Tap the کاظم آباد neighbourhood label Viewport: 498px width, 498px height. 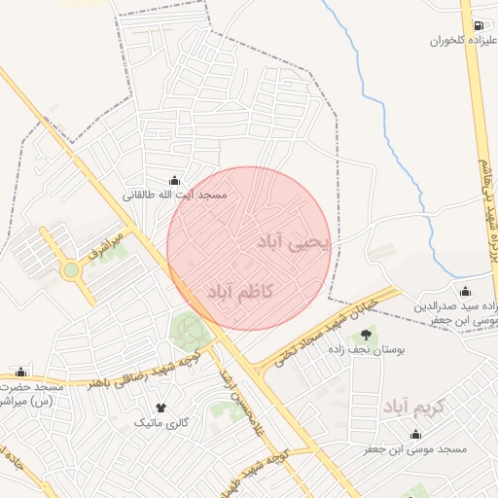[x=241, y=292]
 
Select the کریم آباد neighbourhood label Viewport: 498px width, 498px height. [x=412, y=406]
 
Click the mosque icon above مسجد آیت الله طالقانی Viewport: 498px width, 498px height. [x=174, y=180]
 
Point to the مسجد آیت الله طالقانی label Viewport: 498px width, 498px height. [x=174, y=196]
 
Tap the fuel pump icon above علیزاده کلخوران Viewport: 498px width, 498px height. [x=478, y=25]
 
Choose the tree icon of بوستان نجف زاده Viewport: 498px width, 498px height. [x=366, y=333]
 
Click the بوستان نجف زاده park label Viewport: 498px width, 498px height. [x=366, y=347]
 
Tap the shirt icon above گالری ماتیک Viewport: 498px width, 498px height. [x=160, y=409]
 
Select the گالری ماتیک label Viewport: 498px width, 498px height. [x=160, y=424]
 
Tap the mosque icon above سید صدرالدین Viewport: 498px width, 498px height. [x=465, y=291]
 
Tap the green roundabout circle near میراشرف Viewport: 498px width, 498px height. [x=71, y=270]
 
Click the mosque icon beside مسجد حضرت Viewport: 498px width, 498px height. [x=20, y=371]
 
